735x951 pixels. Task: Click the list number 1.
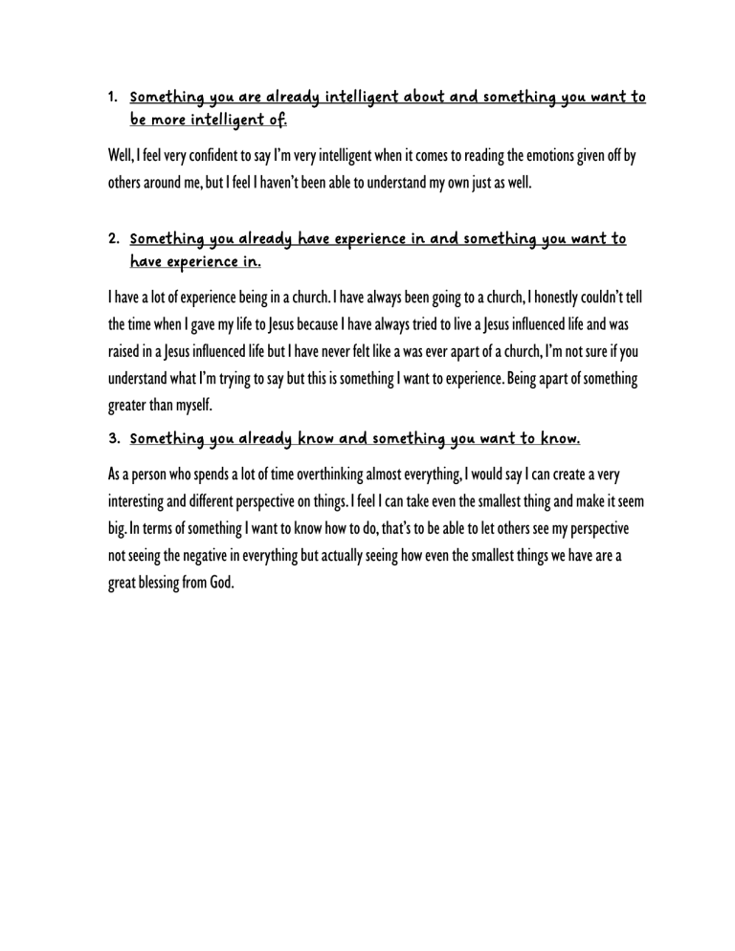111,98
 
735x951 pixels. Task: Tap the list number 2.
111,238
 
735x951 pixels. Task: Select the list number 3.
111,439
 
